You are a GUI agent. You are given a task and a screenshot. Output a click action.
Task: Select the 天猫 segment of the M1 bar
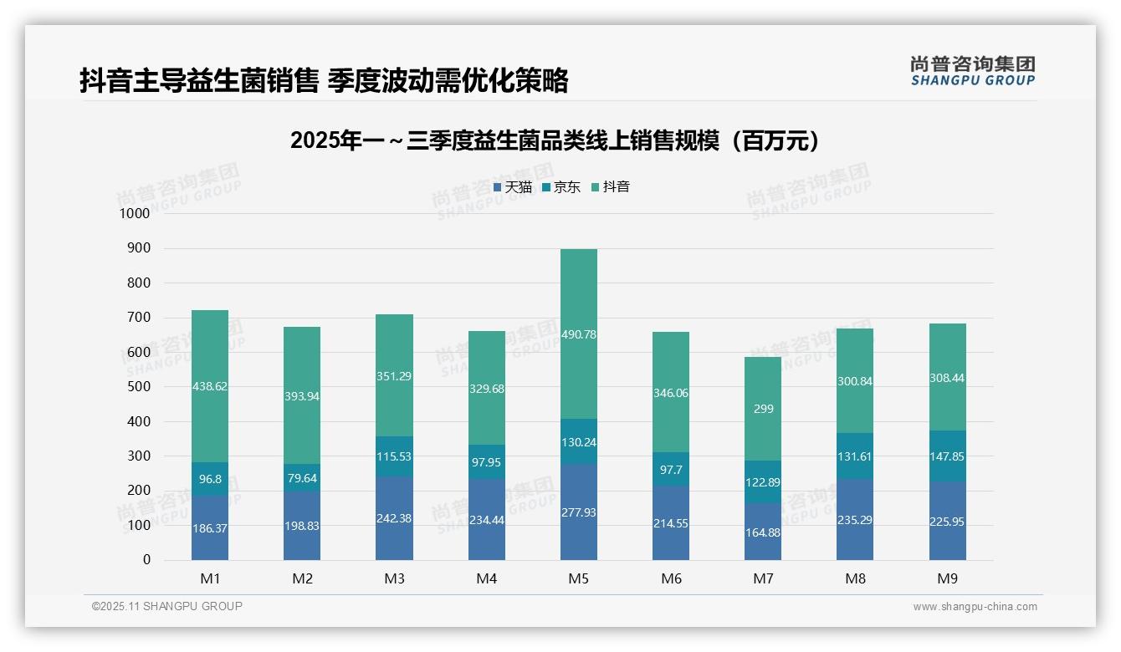(x=210, y=528)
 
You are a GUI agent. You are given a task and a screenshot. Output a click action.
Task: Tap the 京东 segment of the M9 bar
(x=948, y=456)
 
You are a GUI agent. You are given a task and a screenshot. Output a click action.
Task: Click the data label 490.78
(x=579, y=334)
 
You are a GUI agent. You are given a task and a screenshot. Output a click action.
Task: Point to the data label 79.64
(x=302, y=477)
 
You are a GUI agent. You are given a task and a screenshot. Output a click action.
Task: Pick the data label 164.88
(x=763, y=532)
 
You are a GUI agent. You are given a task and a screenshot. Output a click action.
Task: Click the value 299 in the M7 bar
(x=763, y=409)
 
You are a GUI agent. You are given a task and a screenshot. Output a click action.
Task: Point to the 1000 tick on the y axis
(x=135, y=213)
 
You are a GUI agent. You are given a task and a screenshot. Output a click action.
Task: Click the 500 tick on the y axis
(x=139, y=387)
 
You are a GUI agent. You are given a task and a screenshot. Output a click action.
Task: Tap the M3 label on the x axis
(x=394, y=578)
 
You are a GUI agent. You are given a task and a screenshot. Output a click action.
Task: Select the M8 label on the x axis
(x=855, y=578)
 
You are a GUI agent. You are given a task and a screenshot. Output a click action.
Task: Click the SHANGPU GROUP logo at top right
(x=973, y=71)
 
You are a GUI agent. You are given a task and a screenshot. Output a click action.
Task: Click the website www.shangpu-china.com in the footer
(x=975, y=607)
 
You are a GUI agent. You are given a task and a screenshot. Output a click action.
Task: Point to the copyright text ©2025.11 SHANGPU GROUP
(x=167, y=606)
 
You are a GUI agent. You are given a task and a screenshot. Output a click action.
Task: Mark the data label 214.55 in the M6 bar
(x=671, y=523)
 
